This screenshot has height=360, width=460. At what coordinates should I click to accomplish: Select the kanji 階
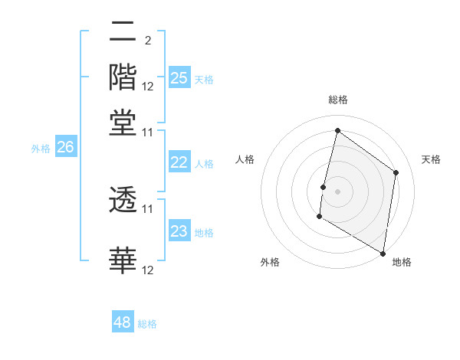123,77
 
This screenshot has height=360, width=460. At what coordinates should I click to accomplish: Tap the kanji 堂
123,122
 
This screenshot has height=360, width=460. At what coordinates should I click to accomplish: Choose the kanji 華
123,260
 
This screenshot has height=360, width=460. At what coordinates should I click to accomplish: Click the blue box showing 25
179,77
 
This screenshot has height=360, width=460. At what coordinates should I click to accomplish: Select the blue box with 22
179,162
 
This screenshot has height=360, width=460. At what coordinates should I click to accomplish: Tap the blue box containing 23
179,231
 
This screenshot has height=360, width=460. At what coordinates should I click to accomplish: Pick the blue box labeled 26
66,148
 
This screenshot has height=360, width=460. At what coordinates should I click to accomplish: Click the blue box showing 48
123,322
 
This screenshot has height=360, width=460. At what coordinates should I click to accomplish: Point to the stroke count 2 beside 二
147,40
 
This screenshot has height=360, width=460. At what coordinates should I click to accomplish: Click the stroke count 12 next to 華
148,270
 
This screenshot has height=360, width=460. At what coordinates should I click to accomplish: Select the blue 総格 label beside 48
147,324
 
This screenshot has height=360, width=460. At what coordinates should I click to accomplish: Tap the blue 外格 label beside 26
40,149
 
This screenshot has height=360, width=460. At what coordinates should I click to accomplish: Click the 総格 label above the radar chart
337,100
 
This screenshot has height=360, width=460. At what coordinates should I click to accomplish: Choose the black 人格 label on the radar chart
245,159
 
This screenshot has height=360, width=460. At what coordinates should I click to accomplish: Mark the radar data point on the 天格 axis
396,172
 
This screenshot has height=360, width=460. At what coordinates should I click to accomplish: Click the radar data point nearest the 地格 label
383,253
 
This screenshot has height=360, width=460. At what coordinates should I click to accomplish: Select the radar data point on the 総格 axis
337,131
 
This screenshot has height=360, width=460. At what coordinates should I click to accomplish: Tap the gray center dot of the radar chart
337,191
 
